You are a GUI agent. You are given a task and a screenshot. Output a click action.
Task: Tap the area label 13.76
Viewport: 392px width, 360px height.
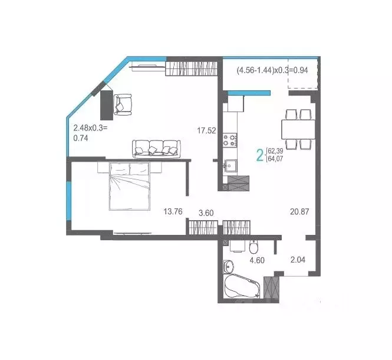point(173,211)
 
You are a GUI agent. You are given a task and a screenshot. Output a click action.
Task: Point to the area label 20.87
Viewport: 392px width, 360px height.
point(300,211)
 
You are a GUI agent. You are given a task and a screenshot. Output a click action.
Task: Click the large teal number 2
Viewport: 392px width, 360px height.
point(259,155)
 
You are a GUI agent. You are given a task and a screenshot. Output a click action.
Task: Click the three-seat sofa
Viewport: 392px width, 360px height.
point(156,148)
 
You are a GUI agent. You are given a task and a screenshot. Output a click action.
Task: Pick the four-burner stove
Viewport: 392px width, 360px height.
point(230,140)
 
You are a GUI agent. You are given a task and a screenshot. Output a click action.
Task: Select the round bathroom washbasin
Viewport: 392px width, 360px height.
point(230,267)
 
